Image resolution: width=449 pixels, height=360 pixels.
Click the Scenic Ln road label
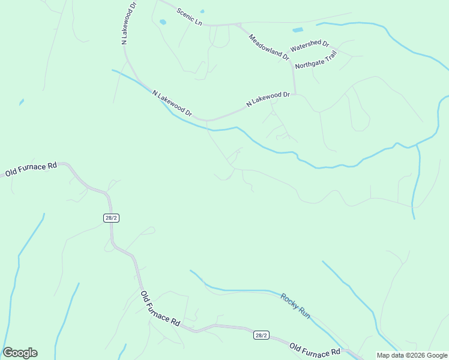(188, 17)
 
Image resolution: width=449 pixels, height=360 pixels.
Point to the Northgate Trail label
(316, 59)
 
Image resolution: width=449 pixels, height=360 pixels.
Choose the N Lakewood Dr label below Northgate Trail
(268, 100)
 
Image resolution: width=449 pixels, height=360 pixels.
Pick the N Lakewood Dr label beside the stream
(172, 103)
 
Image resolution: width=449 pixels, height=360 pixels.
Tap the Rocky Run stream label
(295, 305)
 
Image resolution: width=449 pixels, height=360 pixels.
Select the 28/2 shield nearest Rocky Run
(261, 335)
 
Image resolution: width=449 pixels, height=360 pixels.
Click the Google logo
(20, 353)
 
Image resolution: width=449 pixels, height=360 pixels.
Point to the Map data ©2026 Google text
(412, 355)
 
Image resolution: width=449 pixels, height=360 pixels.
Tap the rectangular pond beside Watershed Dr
(298, 29)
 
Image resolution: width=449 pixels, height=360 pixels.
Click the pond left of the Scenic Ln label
(163, 22)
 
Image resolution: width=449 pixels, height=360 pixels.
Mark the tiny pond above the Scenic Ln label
(202, 11)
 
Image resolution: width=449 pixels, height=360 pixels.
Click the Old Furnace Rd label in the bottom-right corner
(315, 349)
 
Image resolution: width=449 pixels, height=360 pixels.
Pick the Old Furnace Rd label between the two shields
(160, 308)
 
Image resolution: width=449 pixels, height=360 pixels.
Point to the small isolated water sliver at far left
(22, 102)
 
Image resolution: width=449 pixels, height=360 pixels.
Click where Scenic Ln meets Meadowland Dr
(239, 25)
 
